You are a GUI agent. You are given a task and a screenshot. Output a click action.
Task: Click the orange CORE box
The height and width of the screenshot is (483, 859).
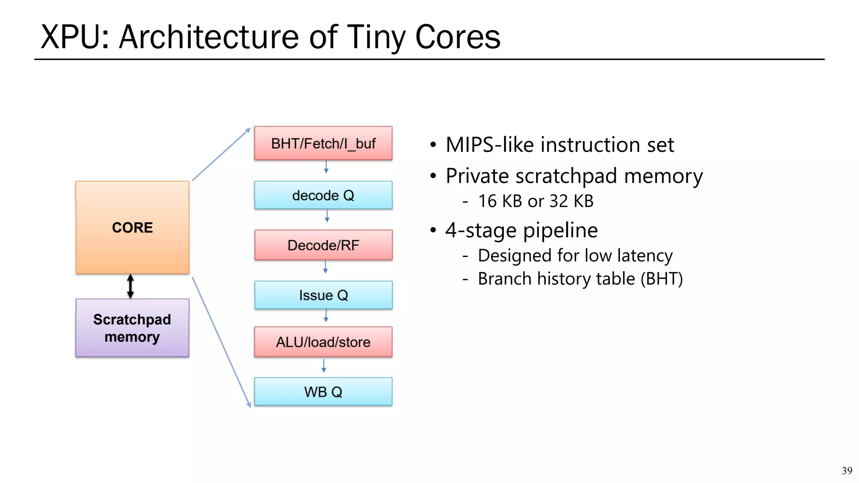[x=132, y=227]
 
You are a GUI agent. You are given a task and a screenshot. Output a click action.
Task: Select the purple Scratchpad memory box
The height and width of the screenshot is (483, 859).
[x=132, y=328]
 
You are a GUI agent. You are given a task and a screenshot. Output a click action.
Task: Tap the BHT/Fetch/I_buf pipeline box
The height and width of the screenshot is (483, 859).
[x=323, y=143]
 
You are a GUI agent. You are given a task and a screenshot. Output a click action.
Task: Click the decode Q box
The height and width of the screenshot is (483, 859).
[x=323, y=195]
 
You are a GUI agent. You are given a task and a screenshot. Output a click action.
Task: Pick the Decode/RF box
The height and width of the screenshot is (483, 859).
[x=323, y=245]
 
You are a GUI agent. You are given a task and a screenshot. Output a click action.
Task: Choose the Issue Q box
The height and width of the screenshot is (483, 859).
[x=323, y=295]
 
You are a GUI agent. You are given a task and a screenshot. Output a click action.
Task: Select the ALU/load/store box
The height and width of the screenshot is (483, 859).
[x=323, y=342]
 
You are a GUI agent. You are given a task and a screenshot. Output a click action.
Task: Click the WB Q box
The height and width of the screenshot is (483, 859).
[x=323, y=392]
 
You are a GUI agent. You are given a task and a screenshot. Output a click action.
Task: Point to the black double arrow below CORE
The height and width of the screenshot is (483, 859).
[x=130, y=286]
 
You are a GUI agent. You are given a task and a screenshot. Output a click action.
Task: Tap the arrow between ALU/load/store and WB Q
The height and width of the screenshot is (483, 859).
[x=324, y=366]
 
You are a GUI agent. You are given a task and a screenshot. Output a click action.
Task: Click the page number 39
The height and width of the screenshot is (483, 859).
[x=846, y=471]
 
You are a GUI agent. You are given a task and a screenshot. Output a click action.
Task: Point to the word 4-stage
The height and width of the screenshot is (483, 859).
[x=481, y=231]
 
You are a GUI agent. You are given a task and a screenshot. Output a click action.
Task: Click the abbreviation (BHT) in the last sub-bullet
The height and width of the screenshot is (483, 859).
[x=661, y=279]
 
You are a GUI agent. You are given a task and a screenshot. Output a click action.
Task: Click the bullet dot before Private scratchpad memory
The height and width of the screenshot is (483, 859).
[x=433, y=176]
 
